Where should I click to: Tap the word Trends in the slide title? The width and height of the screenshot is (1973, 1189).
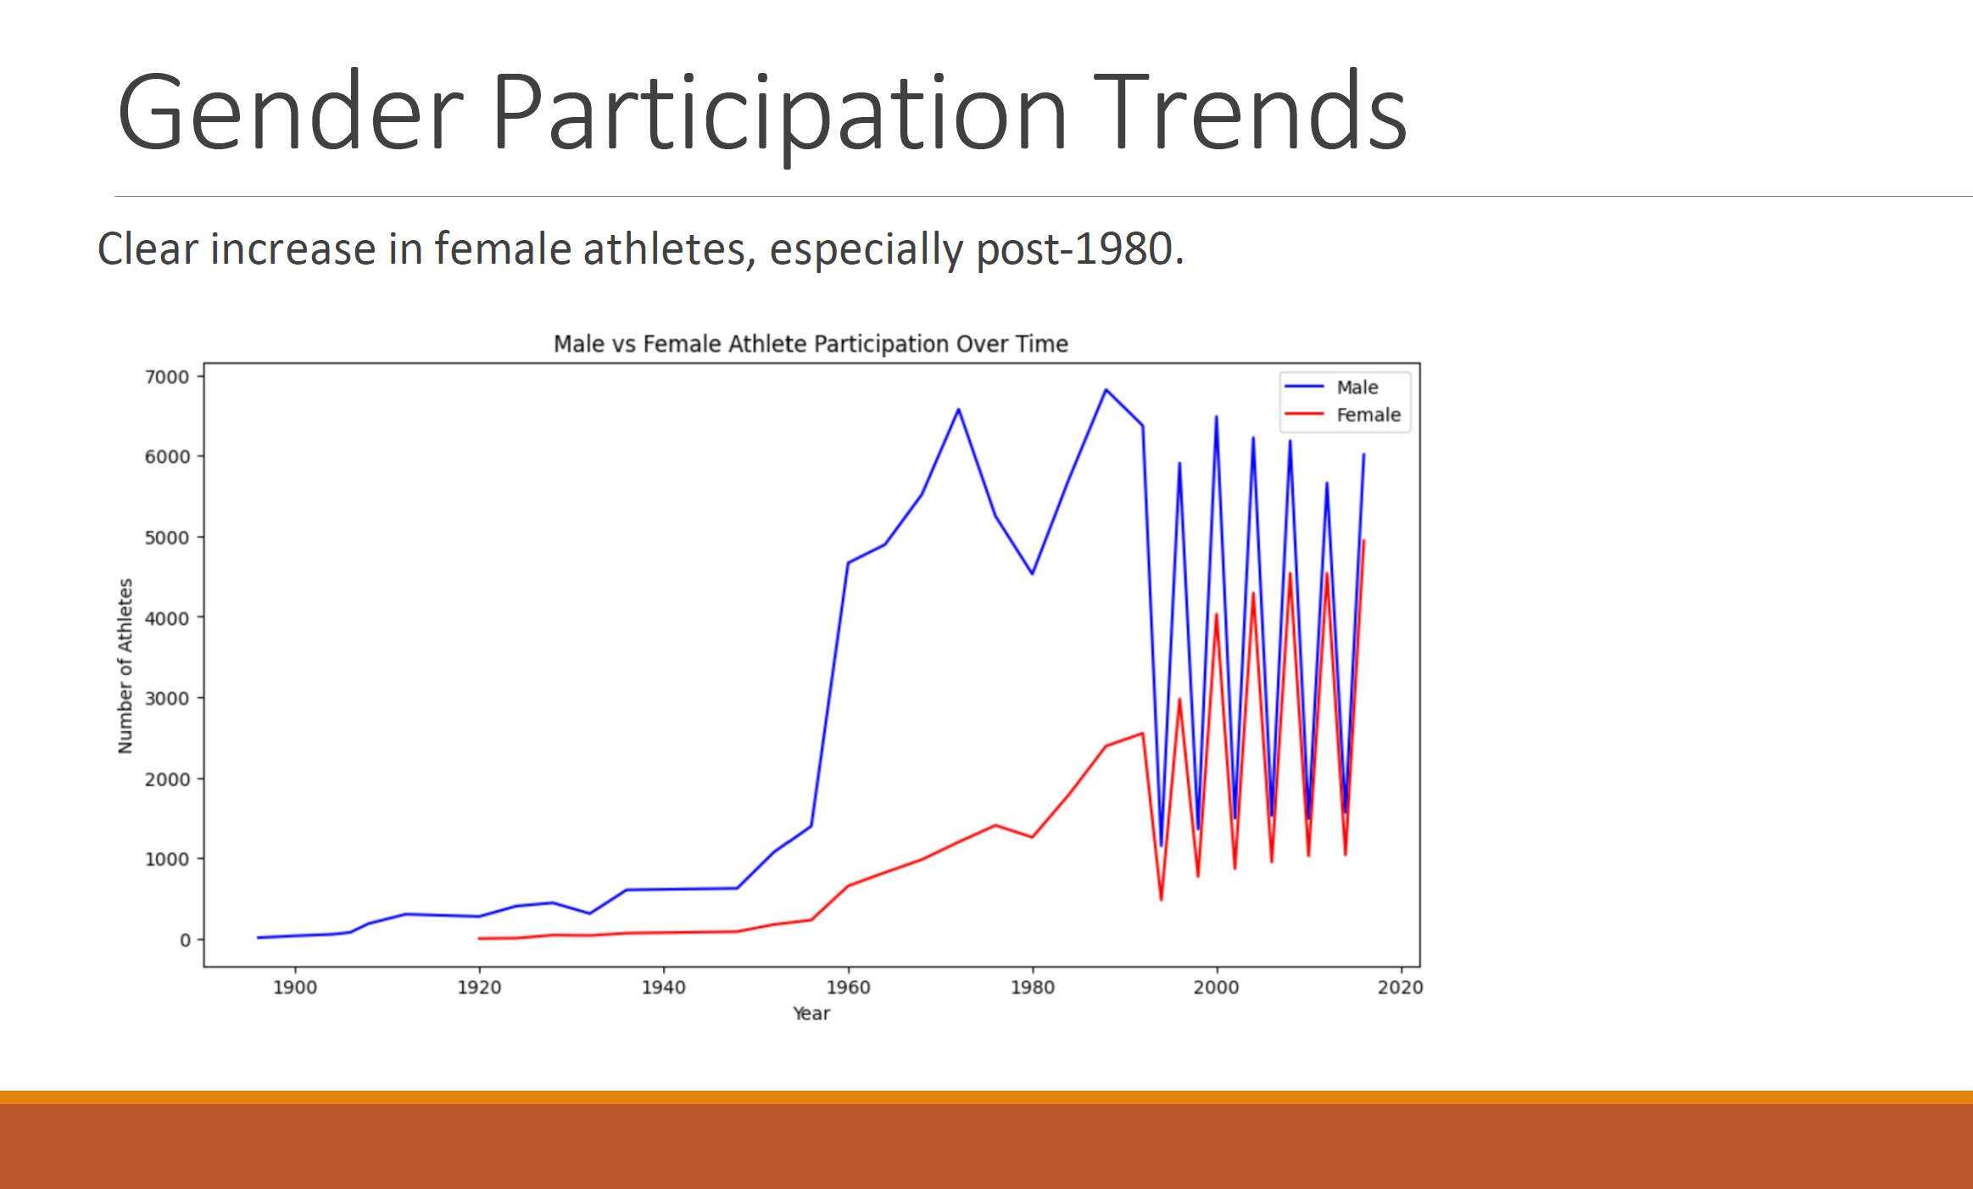point(1250,113)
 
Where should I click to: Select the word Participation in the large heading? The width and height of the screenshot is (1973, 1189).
point(777,113)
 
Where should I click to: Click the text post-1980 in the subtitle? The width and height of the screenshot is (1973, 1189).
point(1078,249)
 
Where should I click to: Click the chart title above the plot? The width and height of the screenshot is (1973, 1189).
point(811,343)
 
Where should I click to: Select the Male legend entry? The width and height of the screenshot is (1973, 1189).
point(1357,388)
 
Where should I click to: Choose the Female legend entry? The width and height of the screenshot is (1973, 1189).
point(1368,415)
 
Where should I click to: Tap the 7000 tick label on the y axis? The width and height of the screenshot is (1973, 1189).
point(167,377)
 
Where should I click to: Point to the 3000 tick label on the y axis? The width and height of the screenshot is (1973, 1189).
point(167,698)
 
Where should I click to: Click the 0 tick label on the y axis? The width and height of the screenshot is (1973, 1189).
point(185,940)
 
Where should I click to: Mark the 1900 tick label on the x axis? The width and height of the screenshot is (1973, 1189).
point(295,987)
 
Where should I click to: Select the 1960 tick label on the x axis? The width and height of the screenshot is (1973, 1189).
point(848,987)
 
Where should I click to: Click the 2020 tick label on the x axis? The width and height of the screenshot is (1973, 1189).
point(1400,987)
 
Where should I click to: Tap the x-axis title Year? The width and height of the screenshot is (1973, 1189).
point(811,1013)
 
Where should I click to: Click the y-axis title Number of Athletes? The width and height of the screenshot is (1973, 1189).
point(125,666)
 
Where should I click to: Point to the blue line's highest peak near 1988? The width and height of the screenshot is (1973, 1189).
point(1106,390)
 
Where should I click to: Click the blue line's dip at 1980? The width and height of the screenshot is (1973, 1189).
point(1032,573)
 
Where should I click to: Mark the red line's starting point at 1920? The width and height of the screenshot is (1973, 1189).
point(480,938)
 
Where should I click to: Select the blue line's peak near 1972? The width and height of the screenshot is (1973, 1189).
point(958,410)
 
